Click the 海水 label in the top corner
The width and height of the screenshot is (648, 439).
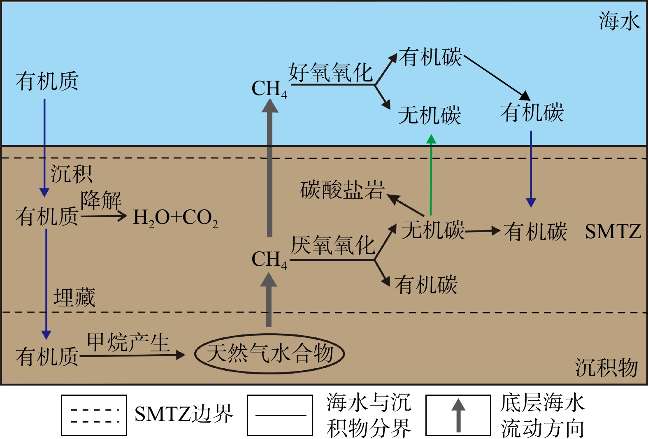tap(619, 21)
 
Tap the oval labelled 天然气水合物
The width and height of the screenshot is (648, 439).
tap(269, 353)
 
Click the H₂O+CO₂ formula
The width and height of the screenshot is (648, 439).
tap(175, 218)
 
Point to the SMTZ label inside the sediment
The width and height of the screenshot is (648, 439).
tap(613, 232)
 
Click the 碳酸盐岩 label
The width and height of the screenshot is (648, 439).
tap(342, 190)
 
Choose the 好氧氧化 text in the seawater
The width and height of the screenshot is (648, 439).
tap(331, 73)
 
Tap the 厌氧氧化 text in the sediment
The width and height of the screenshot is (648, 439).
tap(332, 246)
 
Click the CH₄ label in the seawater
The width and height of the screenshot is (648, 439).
tap(269, 89)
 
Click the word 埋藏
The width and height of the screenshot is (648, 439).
tap(74, 297)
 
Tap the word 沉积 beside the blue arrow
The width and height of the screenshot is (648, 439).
tap(71, 174)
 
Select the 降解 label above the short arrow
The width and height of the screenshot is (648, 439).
tap(101, 200)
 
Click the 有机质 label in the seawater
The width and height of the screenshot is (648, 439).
tap(47, 81)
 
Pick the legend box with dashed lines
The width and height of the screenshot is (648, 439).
tap(94, 415)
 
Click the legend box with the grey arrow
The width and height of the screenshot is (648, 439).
tap(458, 415)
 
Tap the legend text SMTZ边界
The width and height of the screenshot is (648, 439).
tap(183, 414)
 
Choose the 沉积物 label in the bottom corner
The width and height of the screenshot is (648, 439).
tap(606, 367)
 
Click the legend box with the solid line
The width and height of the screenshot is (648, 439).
tap(280, 415)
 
